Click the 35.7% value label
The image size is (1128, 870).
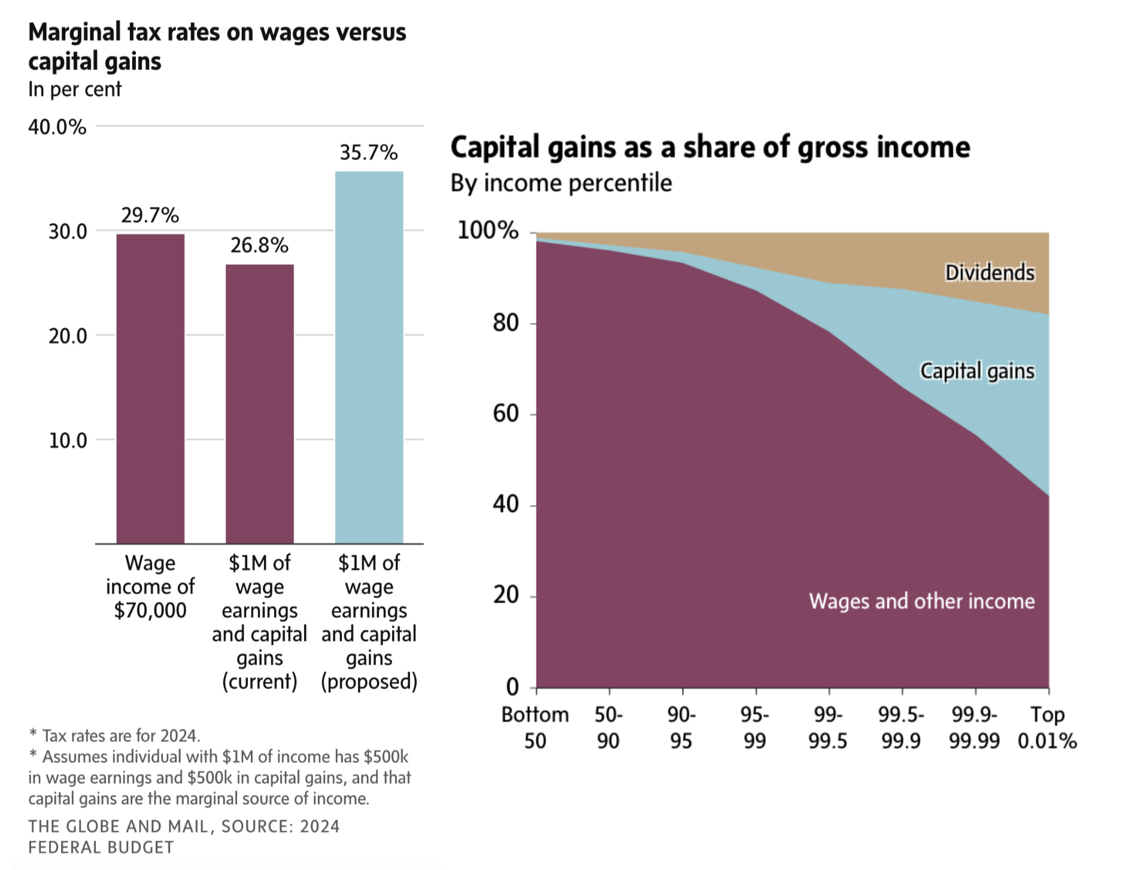368,153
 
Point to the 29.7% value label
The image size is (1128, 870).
150,215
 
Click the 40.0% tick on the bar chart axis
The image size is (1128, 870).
57,127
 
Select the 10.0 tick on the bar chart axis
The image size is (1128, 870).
68,440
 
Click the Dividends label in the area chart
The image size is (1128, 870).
989,273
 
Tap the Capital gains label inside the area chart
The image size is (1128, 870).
977,371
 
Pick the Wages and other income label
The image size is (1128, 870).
921,601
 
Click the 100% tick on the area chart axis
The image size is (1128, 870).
487,230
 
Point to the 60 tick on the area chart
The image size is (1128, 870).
506,413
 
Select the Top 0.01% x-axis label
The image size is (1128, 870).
1047,727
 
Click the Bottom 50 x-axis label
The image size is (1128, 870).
535,727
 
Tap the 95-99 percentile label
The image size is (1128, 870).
754,727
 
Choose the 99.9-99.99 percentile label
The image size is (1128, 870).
974,727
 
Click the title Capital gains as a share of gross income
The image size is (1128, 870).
709,147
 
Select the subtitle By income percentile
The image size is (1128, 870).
561,183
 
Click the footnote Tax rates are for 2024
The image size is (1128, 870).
114,735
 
